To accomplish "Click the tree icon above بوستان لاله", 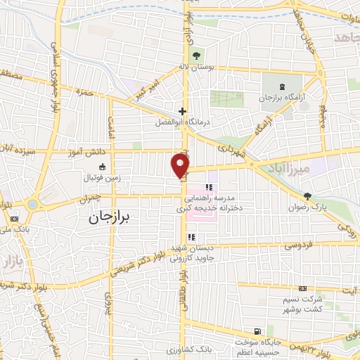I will point(196,55).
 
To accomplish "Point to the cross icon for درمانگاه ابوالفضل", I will point(182,111).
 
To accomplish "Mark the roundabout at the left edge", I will point(32,205).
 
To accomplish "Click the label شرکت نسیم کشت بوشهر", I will point(302,303).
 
